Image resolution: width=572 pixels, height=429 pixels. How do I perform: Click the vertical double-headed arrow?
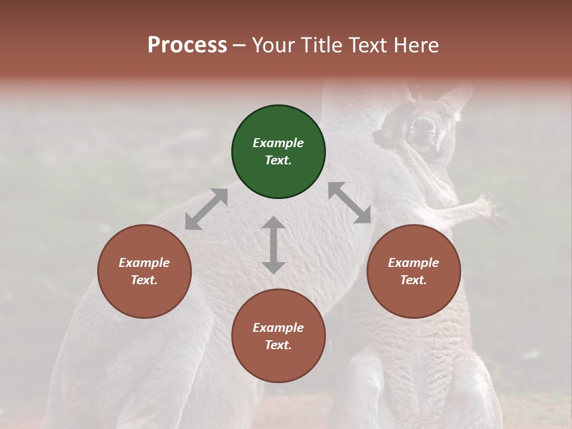click(273, 245)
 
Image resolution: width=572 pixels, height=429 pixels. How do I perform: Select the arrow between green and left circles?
click(206, 209)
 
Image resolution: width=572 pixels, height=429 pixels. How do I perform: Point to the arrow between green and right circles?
click(349, 203)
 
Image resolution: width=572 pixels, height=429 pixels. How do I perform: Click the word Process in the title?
click(187, 45)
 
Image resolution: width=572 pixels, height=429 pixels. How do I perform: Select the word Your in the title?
click(273, 45)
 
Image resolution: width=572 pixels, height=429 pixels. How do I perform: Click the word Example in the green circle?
click(278, 143)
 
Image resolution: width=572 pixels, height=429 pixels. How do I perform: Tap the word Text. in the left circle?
click(144, 280)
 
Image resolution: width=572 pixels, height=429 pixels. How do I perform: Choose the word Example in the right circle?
click(414, 263)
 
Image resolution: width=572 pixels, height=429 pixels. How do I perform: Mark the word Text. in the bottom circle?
click(278, 345)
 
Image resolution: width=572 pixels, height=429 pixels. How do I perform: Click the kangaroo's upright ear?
click(456, 95)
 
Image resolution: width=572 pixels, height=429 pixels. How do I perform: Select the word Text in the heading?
click(368, 45)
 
